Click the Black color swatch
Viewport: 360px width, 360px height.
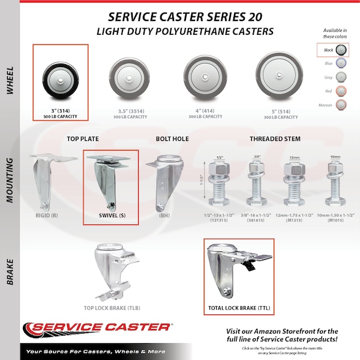[x=342, y=50]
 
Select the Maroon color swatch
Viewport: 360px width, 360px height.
[x=342, y=104]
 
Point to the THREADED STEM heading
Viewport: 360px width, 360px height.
[x=276, y=140]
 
